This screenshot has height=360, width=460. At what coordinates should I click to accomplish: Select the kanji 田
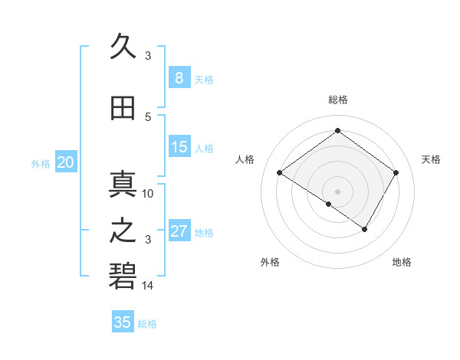click(x=123, y=110)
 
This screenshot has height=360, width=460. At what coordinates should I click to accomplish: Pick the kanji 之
click(x=123, y=229)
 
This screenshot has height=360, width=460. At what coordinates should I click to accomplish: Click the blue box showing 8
click(x=179, y=78)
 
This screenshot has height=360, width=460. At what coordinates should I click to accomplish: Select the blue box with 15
click(x=179, y=147)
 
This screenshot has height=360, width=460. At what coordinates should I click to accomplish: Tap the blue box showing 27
click(x=179, y=231)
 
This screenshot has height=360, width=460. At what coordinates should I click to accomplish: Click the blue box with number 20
click(x=66, y=162)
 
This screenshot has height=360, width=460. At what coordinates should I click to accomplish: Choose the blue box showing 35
click(x=123, y=322)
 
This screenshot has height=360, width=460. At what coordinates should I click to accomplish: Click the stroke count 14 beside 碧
click(x=148, y=286)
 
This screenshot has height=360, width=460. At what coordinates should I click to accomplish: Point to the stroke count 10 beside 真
click(x=148, y=194)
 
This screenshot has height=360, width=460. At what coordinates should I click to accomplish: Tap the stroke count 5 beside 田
click(x=148, y=116)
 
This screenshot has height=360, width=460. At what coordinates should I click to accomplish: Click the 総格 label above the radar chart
click(x=337, y=100)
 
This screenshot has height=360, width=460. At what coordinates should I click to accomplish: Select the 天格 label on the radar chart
click(x=431, y=159)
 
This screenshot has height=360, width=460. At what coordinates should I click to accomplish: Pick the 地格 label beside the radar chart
click(x=402, y=262)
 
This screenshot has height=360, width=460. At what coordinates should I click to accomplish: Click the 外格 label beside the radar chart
click(x=270, y=262)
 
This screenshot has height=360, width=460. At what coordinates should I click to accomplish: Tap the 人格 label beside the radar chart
click(x=245, y=159)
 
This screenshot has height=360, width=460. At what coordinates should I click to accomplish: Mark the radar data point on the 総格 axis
click(x=337, y=131)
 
